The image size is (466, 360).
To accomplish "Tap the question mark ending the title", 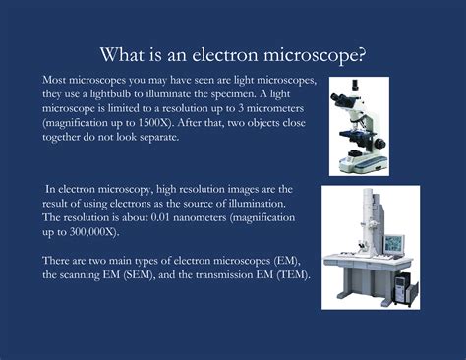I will tap(365, 53).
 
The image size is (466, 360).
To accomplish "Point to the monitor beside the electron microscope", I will tap(394, 241).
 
